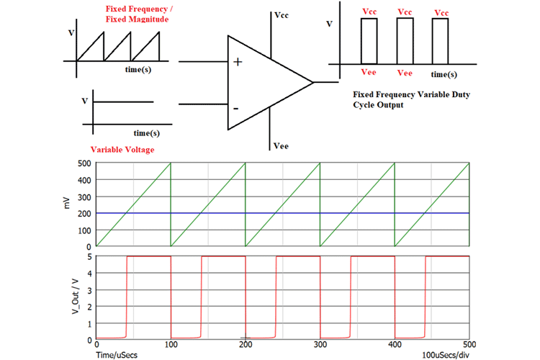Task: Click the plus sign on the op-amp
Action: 238,62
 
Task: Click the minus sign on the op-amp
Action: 236,108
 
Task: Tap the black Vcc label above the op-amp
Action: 283,15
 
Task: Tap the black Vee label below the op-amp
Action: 282,146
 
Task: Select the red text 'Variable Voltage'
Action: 122,150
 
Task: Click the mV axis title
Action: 66,204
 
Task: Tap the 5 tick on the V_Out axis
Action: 90,256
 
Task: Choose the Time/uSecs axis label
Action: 118,355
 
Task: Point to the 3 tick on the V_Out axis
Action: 90,289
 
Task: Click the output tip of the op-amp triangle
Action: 313,82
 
